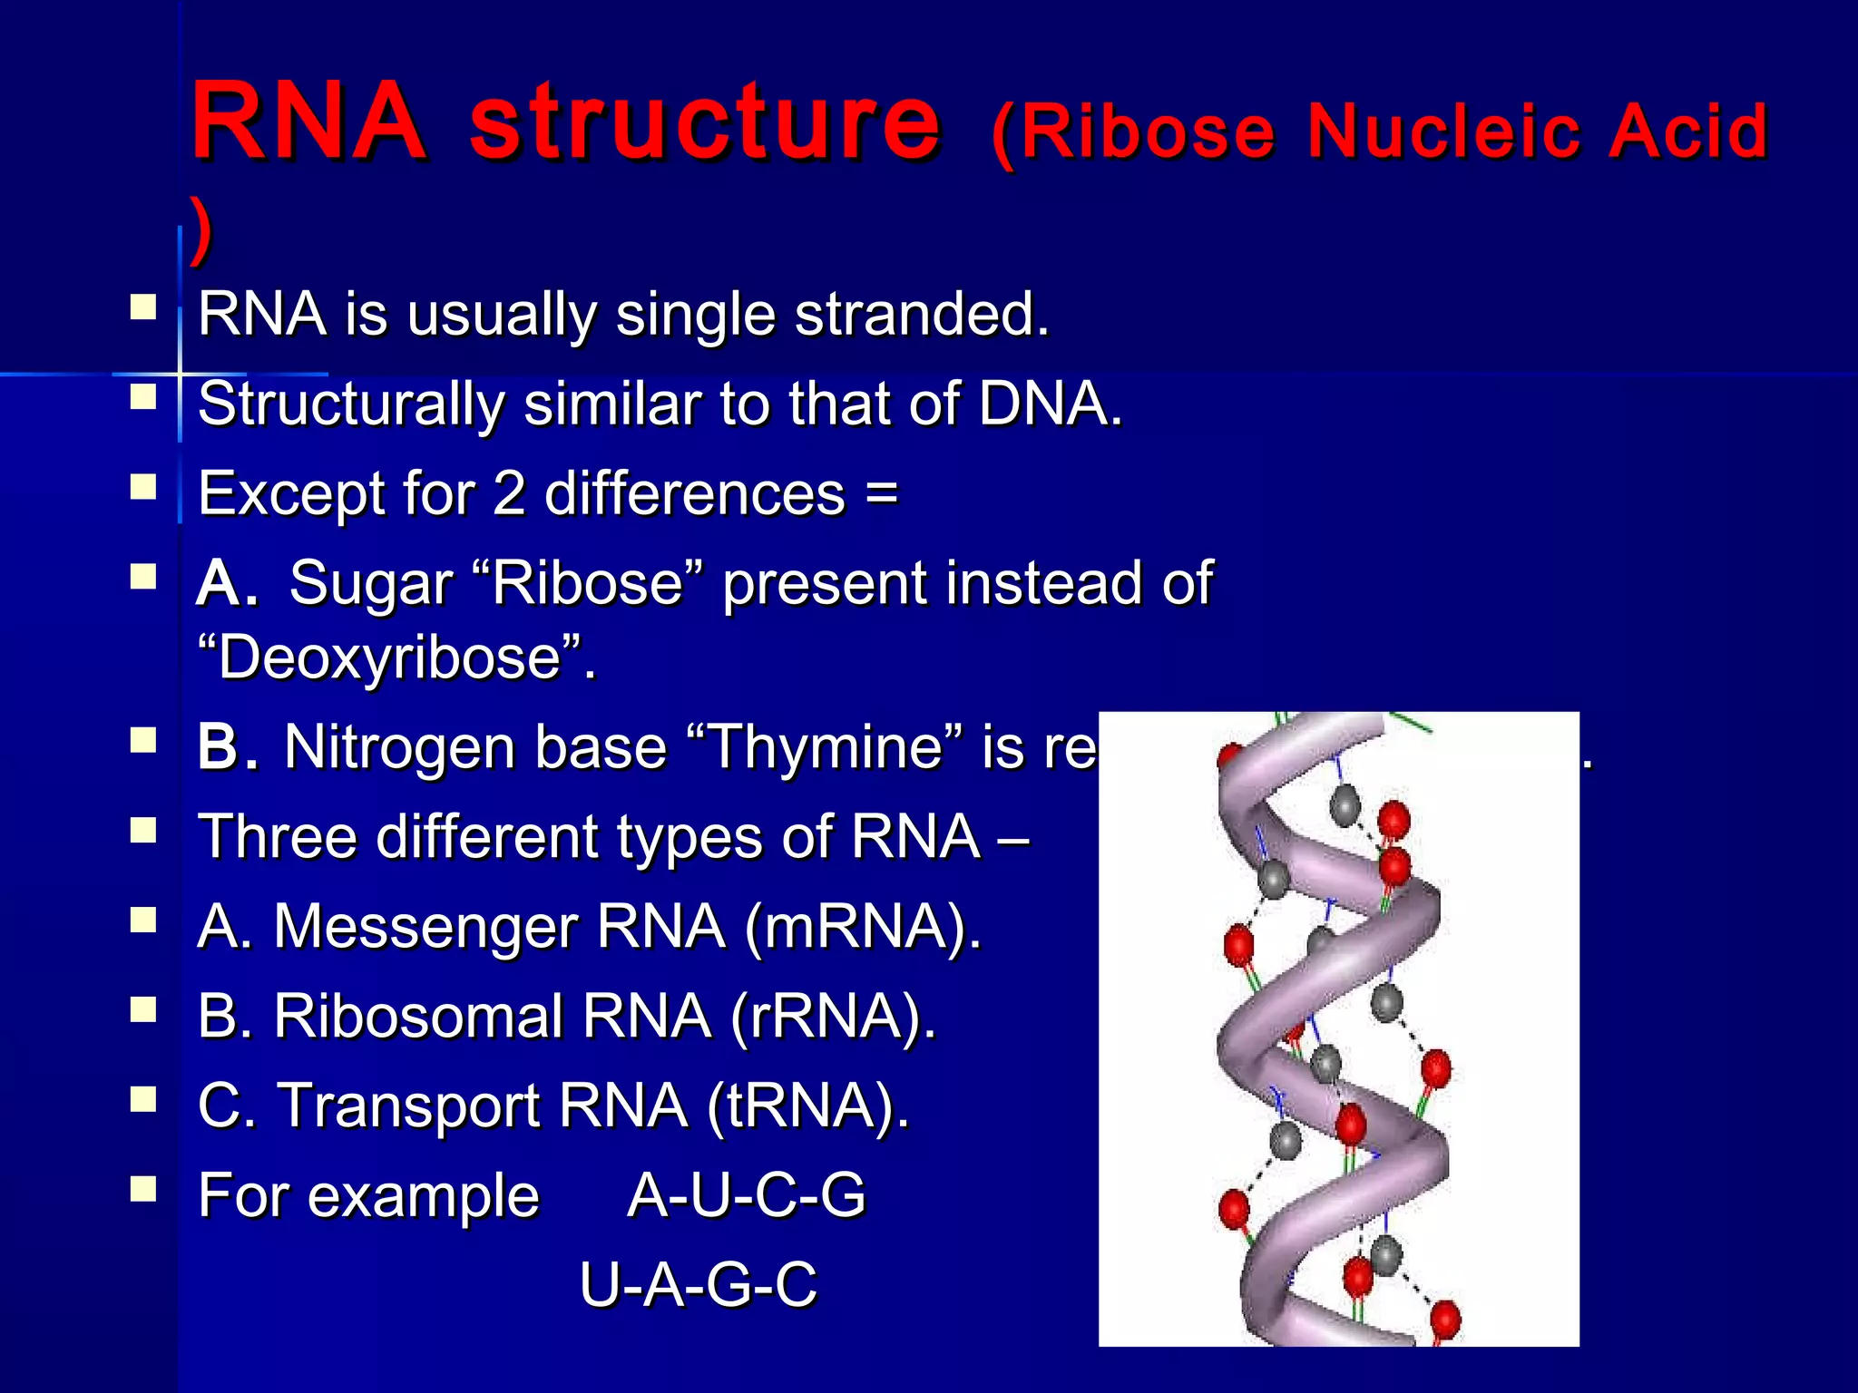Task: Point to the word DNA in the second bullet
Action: pyautogui.click(x=1050, y=404)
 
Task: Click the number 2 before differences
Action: pyautogui.click(x=509, y=494)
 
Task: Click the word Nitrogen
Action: pyautogui.click(x=400, y=749)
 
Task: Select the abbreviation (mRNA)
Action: pyautogui.click(x=862, y=928)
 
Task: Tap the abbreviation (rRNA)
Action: pyautogui.click(x=832, y=1017)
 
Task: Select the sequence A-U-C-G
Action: pyautogui.click(x=746, y=1196)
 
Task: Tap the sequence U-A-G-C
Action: pyautogui.click(x=698, y=1285)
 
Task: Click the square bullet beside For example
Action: pyautogui.click(x=143, y=1189)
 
